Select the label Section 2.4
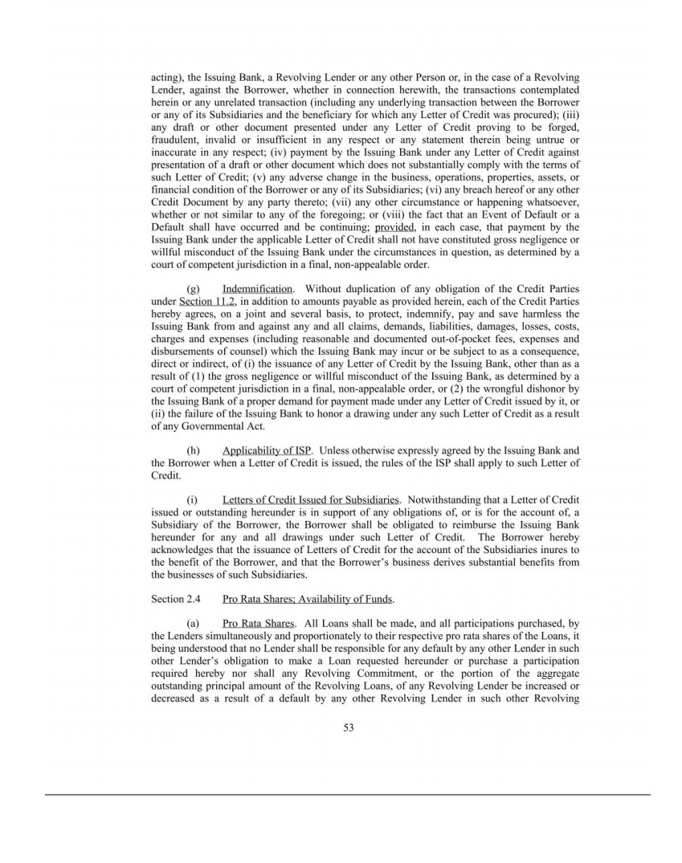pos(175,599)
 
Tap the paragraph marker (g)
pos(193,288)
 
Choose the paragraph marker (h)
pos(193,450)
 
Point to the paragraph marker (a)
pos(193,623)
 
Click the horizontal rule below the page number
pos(347,795)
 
